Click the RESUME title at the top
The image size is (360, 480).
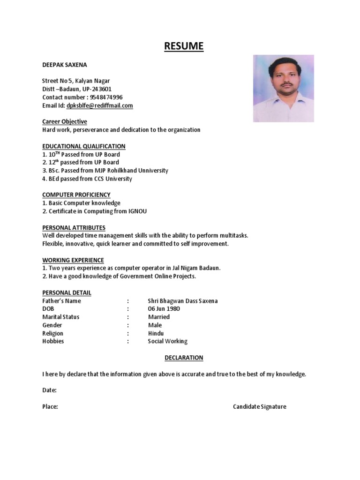(x=184, y=46)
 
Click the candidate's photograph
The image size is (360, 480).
(x=284, y=89)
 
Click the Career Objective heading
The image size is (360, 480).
(x=65, y=122)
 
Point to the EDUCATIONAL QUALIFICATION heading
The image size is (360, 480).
(x=84, y=146)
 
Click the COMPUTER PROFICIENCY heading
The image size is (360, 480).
(x=76, y=195)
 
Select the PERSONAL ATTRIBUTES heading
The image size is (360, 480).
(x=74, y=227)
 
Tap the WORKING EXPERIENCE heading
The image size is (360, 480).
(x=73, y=260)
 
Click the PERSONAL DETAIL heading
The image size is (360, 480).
(x=67, y=292)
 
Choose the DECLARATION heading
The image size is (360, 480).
(x=184, y=358)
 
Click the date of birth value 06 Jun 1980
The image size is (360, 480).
(x=164, y=309)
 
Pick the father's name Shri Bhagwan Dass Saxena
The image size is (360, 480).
(x=182, y=301)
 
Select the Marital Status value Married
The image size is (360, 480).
(x=158, y=317)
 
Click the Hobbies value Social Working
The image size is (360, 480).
(x=167, y=341)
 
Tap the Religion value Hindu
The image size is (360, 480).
(x=156, y=333)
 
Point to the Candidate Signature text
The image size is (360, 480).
(x=259, y=406)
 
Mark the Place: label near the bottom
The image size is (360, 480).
(x=50, y=406)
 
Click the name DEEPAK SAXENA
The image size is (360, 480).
(x=64, y=65)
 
